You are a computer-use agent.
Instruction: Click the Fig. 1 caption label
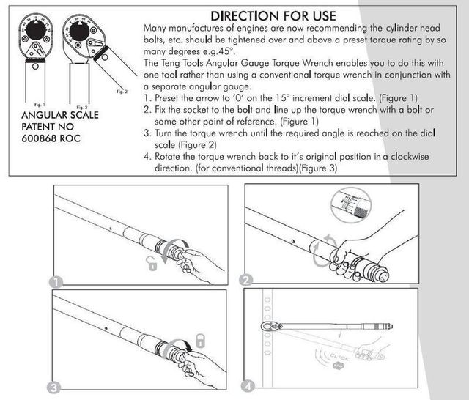pos(29,105)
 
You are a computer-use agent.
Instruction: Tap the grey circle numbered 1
pos(57,280)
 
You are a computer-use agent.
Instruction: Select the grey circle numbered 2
pos(248,280)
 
